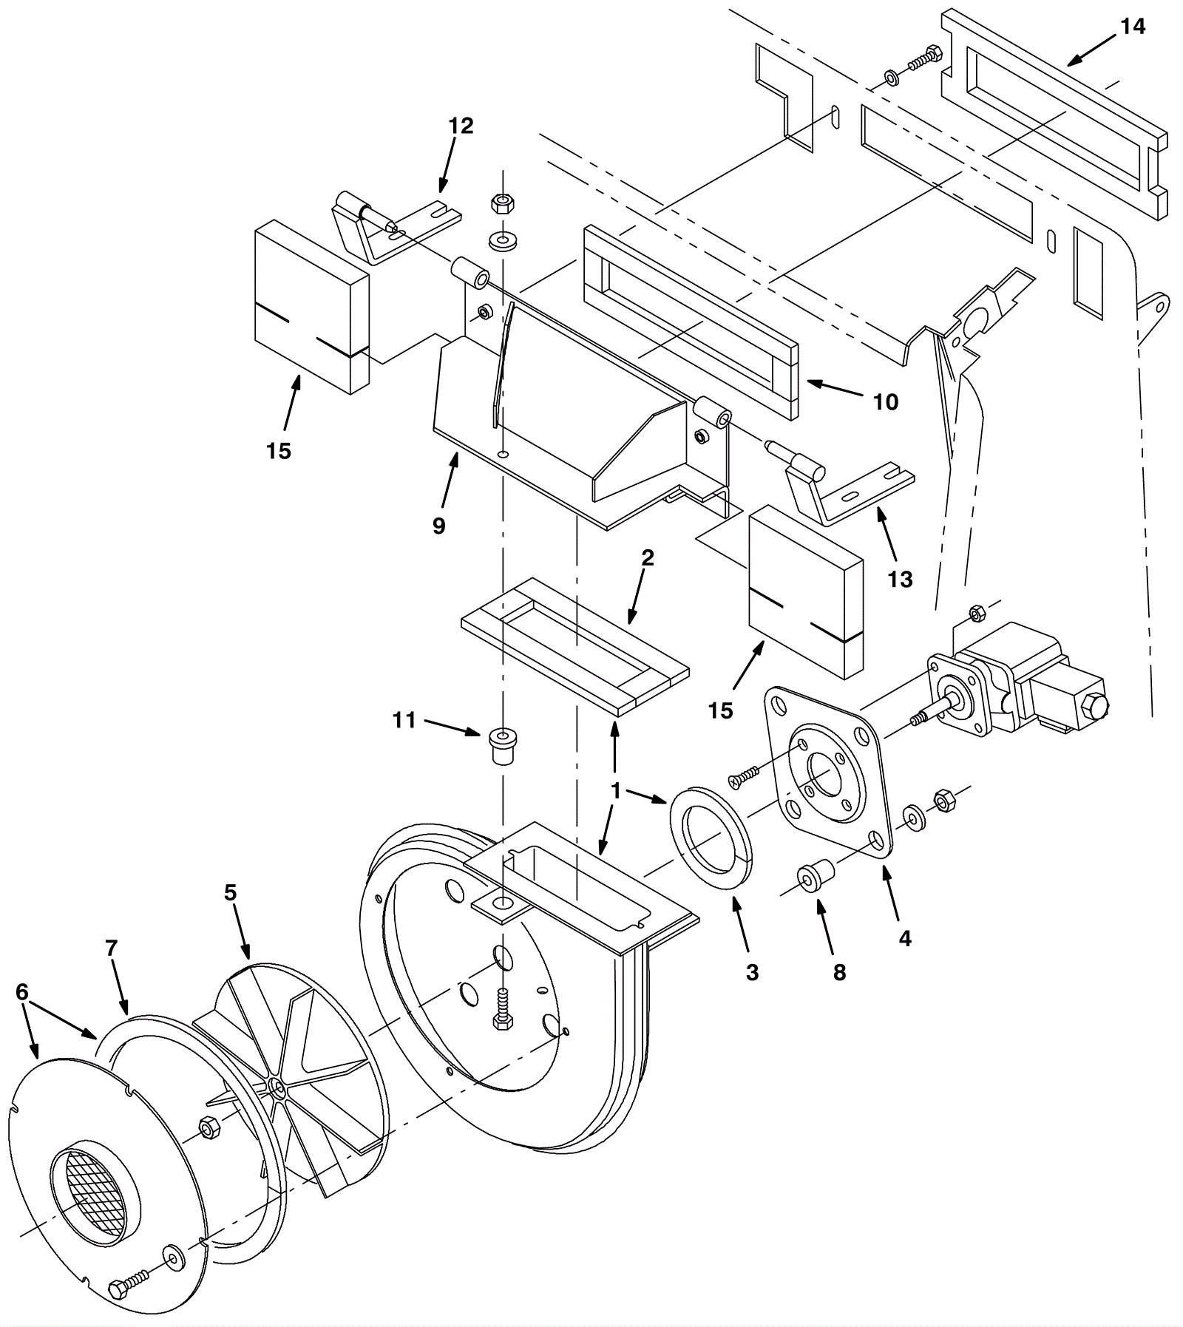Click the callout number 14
[1133, 27]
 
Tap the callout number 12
[461, 126]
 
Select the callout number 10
[886, 402]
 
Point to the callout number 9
[439, 526]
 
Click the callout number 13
[900, 580]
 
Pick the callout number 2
[648, 557]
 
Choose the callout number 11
[404, 719]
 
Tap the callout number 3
[752, 972]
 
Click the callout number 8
[839, 972]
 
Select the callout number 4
[905, 939]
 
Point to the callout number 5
[231, 892]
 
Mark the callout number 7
[112, 948]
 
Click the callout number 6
[22, 992]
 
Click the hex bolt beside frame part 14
[924, 58]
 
